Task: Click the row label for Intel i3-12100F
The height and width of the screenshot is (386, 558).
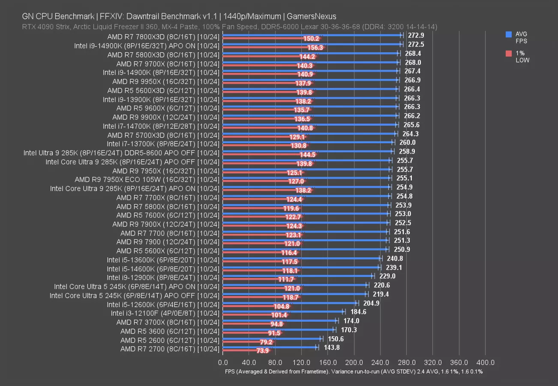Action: coord(165,313)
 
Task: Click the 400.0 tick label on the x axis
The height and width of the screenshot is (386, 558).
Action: coord(485,362)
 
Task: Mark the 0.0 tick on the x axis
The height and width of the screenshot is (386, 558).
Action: coord(223,362)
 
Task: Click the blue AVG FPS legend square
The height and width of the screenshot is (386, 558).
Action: coord(509,34)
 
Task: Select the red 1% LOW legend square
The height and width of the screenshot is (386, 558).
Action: coord(509,53)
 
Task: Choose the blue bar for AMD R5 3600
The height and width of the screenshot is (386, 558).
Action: coord(279,329)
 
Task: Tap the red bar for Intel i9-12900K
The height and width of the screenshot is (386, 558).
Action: coord(253,279)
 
